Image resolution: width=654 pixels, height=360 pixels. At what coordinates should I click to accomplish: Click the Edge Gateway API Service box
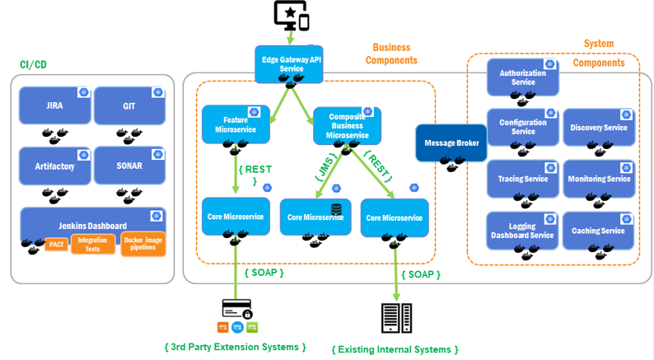[287, 64]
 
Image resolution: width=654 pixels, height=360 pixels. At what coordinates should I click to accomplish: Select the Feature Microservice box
[230, 124]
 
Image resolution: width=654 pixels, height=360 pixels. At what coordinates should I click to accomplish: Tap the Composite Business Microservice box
[347, 124]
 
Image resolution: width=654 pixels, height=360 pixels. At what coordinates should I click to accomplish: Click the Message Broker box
[451, 143]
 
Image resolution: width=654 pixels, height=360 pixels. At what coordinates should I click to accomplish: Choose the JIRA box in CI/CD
[54, 106]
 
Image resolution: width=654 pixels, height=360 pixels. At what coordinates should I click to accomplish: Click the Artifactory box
[54, 166]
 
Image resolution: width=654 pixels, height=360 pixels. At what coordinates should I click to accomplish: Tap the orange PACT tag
[56, 245]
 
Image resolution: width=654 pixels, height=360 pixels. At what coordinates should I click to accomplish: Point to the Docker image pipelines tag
[143, 243]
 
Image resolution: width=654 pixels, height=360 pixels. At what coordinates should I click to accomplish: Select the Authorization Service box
[522, 77]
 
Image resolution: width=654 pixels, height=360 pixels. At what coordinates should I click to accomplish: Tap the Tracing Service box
[522, 179]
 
